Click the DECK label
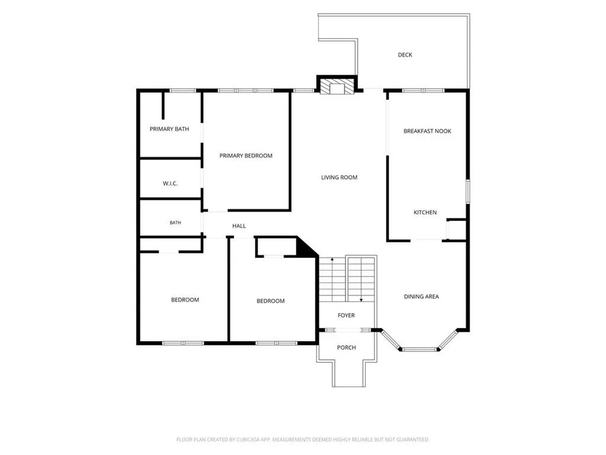coord(405,55)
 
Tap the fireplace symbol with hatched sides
coord(337,86)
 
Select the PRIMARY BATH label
coord(169,129)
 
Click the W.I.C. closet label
coord(170,184)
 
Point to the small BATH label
coord(175,223)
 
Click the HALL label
coord(239,226)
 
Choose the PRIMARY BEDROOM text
coord(246,156)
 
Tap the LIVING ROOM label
coord(339,177)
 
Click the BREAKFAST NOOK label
coord(427,131)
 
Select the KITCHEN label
coord(425,213)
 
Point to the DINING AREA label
coord(421,297)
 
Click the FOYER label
coord(346,315)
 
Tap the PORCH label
coord(346,347)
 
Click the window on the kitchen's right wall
coord(468,191)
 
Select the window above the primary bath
coord(183,91)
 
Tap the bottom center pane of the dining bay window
coord(420,350)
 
